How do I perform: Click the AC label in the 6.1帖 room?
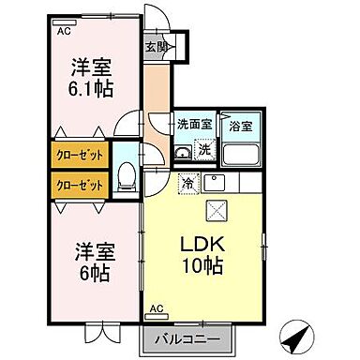64,31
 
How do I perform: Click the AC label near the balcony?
156,308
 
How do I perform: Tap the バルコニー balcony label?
194,338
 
